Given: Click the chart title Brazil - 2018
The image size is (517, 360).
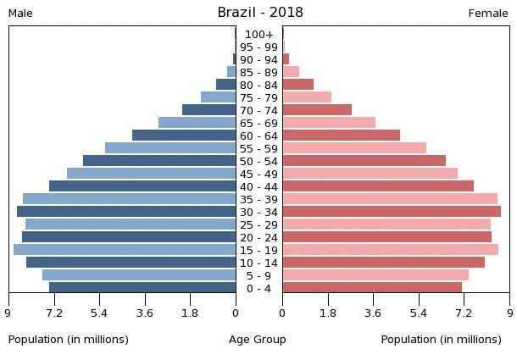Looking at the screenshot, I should [259, 13].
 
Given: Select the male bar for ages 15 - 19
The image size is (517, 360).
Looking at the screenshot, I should [125, 250].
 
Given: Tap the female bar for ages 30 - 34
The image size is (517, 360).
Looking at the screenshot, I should [392, 212].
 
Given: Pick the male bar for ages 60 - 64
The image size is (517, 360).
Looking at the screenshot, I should [184, 136].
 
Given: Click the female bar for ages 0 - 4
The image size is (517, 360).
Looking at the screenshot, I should [372, 288].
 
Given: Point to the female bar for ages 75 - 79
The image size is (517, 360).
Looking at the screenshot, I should [307, 97].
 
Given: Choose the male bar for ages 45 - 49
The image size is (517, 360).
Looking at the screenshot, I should [152, 174].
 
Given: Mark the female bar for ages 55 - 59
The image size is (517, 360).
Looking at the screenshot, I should [354, 148].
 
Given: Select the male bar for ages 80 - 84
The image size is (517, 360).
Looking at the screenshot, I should [226, 85].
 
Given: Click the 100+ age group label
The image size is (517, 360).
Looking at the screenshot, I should [258, 35].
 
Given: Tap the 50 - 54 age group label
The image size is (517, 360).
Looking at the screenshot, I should [258, 162].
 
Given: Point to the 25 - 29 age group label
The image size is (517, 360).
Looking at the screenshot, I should [258, 225].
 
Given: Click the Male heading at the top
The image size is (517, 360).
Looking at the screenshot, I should [20, 14].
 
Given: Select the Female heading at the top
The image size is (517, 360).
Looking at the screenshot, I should [488, 14].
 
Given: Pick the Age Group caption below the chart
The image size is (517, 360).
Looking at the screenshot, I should [258, 340].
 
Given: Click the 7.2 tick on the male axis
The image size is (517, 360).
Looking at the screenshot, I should [54, 313].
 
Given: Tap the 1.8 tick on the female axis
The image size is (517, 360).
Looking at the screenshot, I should [328, 313].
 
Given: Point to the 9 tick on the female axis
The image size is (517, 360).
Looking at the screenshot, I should [510, 313].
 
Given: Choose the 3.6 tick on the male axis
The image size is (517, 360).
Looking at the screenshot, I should [145, 313].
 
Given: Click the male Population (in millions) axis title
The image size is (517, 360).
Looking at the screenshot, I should [69, 340].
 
